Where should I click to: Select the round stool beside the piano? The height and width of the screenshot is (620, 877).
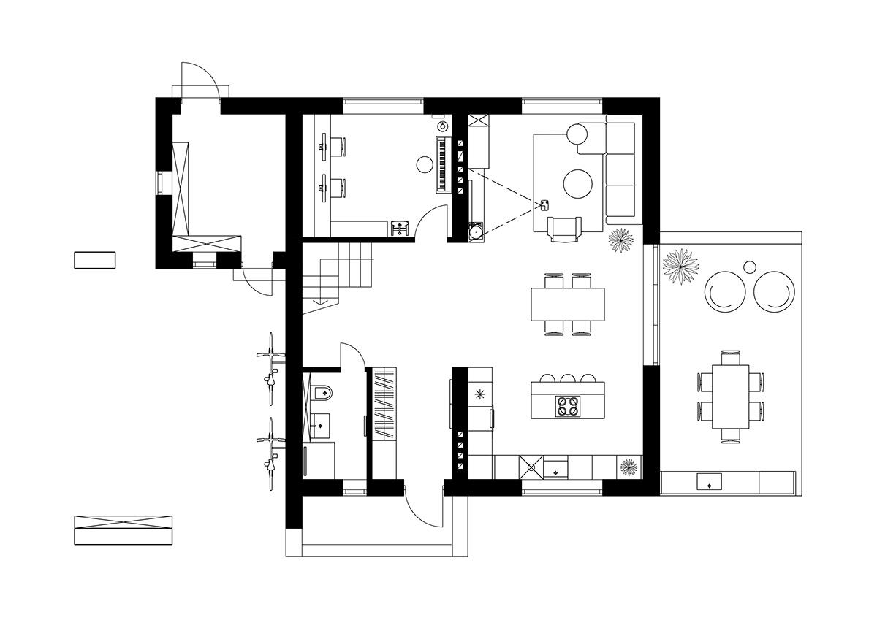click(423, 165)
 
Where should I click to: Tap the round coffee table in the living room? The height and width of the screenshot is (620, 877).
click(578, 183)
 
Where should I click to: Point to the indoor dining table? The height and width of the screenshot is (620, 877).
click(568, 305)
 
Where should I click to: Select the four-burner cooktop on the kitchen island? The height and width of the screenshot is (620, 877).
click(568, 405)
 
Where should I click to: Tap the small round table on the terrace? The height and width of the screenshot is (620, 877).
click(750, 267)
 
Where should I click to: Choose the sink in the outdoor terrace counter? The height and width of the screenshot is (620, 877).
click(710, 481)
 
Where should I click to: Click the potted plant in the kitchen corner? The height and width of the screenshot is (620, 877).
click(628, 466)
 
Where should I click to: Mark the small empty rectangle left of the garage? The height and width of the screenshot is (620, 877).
click(95, 260)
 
